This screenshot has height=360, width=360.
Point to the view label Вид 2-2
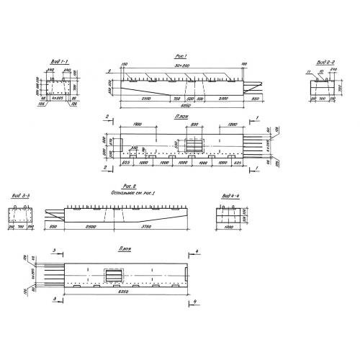tap(323, 63)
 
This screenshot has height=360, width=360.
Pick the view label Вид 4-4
tap(229, 195)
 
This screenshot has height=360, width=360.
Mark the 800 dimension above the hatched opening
tap(195, 125)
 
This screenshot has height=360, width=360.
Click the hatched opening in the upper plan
tap(195, 145)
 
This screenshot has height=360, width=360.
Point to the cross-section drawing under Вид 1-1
tap(58, 89)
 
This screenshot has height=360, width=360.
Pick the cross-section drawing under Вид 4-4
tap(229, 214)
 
